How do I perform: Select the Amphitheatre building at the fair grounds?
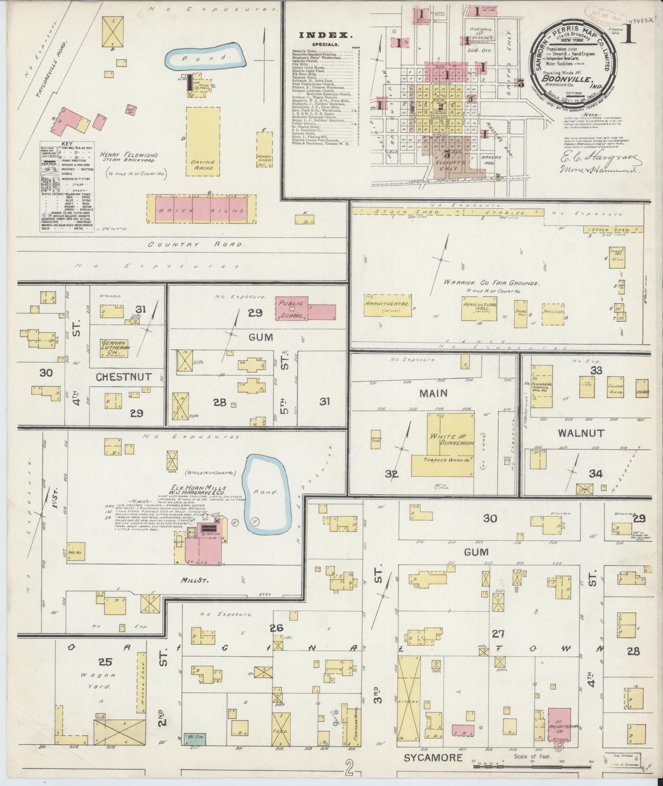coord(388,307)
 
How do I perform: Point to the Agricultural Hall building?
coord(479,308)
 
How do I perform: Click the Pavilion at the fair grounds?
coord(553,314)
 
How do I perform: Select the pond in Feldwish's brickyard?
coord(206,58)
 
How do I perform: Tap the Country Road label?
coord(195,244)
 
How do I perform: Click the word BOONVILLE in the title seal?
coord(572,79)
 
